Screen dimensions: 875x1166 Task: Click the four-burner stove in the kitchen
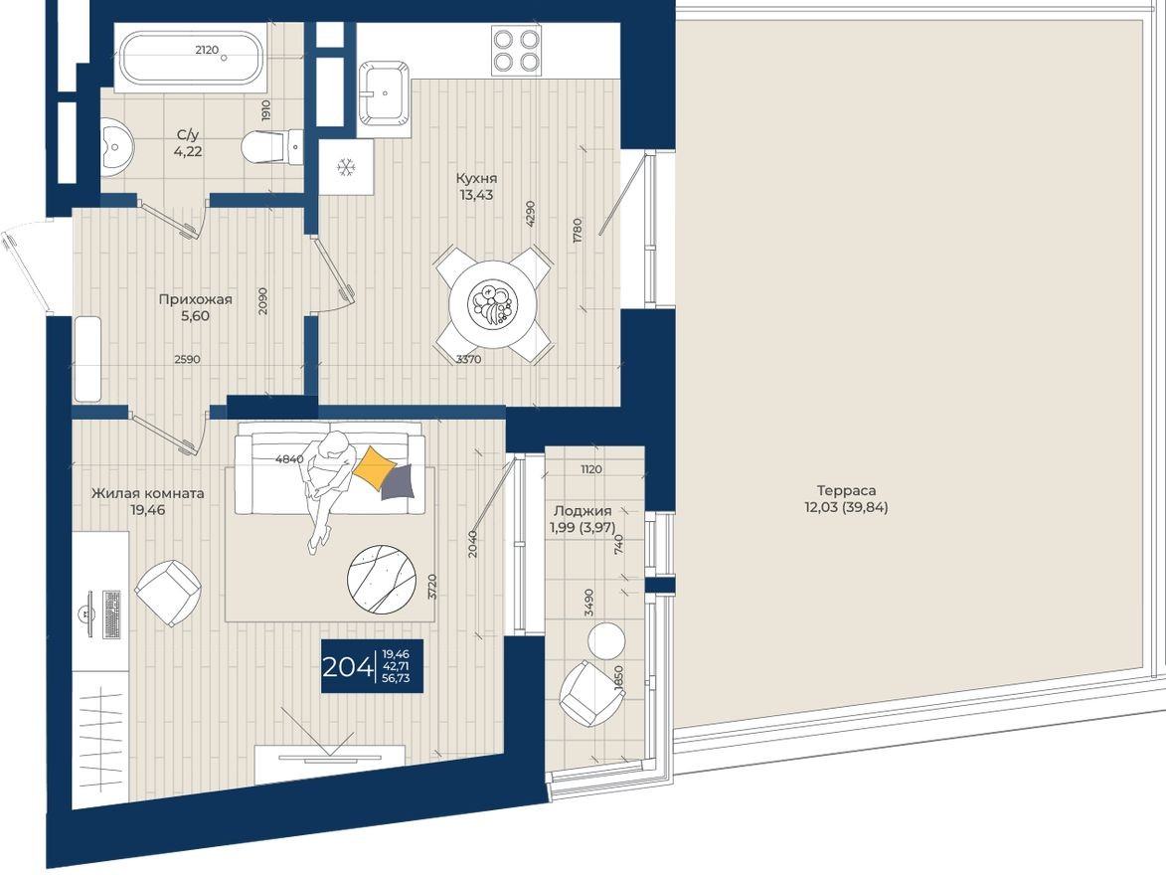[517, 50]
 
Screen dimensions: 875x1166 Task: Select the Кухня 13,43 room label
[476, 187]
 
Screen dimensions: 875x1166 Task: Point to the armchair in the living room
[167, 594]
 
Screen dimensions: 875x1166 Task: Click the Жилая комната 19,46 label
[147, 501]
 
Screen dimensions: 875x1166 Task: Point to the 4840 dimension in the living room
[289, 459]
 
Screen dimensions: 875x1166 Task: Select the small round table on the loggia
[605, 640]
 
